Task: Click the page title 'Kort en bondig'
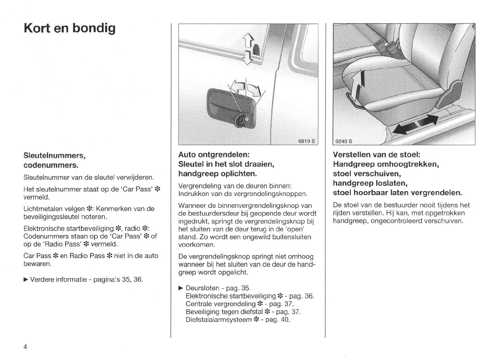[70, 29]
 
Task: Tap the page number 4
[25, 346]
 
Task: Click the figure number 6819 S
[306, 141]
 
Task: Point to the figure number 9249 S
[344, 141]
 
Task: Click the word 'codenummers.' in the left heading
[51, 165]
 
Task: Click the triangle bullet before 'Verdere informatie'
[26, 279]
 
